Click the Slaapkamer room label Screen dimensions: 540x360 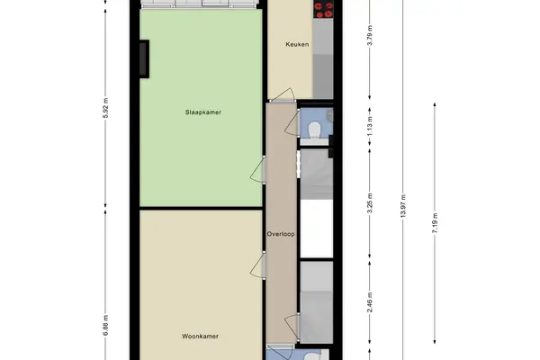pos(203,112)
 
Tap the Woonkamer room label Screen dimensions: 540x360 pos(200,337)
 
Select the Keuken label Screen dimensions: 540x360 pos(297,44)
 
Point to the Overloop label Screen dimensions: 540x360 pos(281,234)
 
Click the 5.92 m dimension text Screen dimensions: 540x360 pos(105,108)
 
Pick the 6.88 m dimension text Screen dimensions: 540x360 pos(105,325)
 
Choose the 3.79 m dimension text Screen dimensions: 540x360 pos(370,35)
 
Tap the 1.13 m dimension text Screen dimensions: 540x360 pos(370,126)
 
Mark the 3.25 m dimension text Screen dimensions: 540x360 pos(370,203)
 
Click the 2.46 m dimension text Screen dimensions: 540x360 pos(370,302)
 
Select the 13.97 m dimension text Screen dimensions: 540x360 pos(403,206)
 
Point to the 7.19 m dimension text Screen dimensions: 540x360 pos(435,223)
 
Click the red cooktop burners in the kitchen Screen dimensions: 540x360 pos(324,9)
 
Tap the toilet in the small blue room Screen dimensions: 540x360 pos(314,130)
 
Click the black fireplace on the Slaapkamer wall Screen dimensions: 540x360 pos(144,58)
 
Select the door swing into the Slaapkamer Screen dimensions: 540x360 pos(256,169)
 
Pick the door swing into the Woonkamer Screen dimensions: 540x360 pos(256,265)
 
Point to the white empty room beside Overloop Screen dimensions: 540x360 pos(317,229)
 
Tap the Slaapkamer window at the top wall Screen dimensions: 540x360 pos(201,4)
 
